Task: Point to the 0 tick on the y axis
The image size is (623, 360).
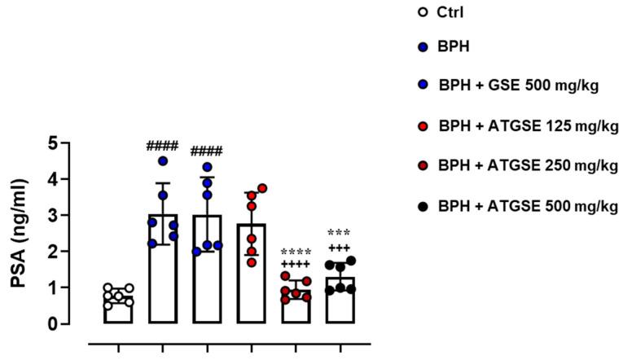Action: (x=53, y=324)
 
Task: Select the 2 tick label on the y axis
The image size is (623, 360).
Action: (x=53, y=252)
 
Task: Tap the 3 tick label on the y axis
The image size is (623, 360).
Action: (x=53, y=216)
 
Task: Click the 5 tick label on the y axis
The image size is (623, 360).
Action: (x=53, y=143)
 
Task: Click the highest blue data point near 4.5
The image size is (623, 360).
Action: (x=163, y=161)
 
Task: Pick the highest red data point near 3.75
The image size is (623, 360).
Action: (x=262, y=188)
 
